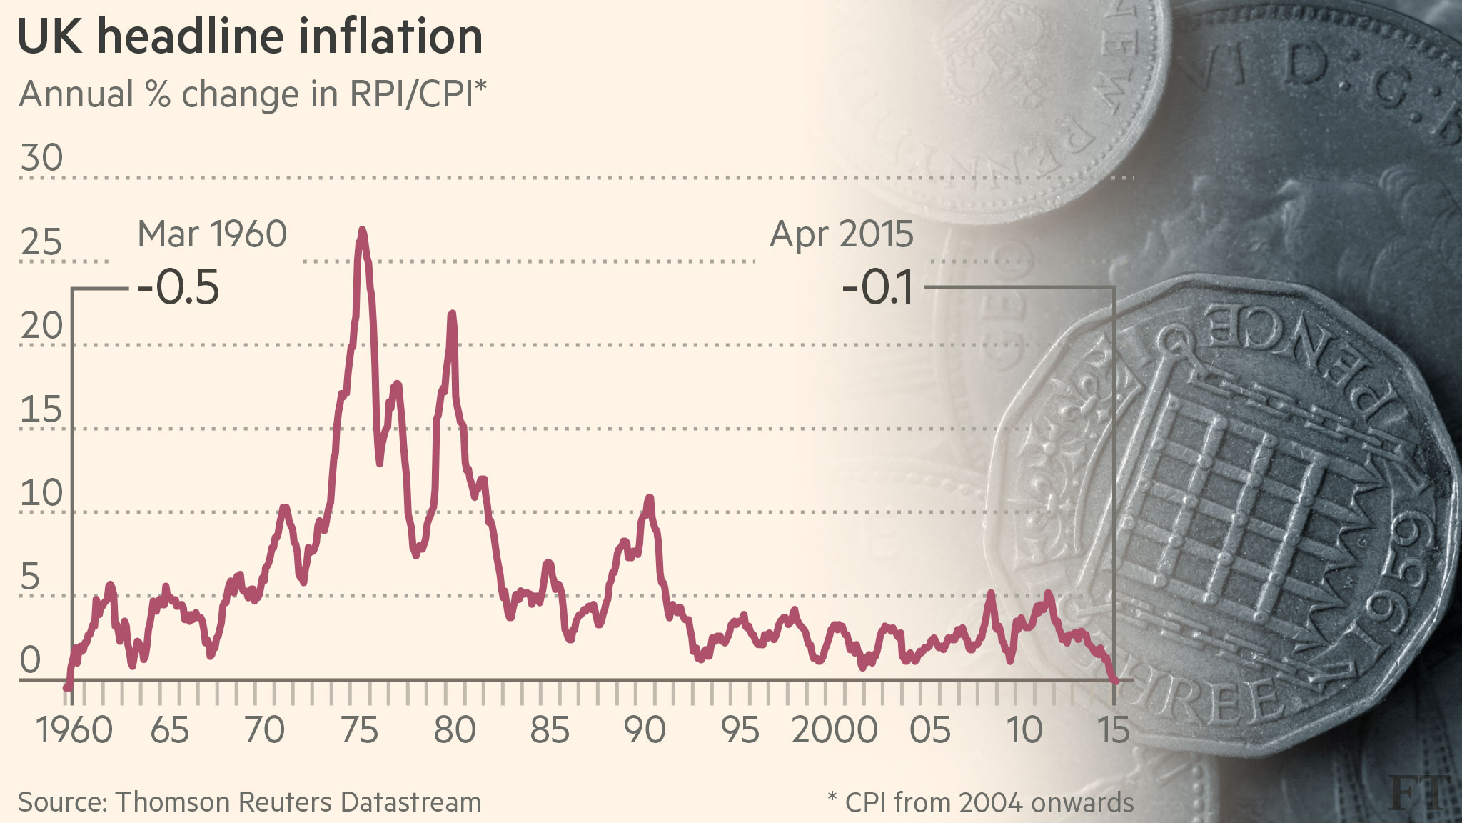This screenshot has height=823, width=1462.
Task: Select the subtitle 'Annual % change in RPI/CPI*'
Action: [x=253, y=94]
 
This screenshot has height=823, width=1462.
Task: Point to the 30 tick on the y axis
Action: [x=41, y=158]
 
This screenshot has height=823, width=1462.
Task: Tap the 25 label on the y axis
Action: [x=41, y=243]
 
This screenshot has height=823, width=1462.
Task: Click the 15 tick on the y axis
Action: [x=41, y=410]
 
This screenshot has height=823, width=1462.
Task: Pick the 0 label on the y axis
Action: [x=30, y=660]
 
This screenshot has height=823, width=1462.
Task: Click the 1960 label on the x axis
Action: [x=74, y=730]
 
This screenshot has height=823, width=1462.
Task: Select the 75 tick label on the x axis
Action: [x=359, y=730]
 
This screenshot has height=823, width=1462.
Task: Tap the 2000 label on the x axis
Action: [x=834, y=730]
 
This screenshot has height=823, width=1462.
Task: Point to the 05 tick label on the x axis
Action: [x=929, y=730]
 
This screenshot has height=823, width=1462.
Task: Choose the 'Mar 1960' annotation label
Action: [x=212, y=234]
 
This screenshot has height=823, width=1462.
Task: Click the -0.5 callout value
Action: [x=178, y=288]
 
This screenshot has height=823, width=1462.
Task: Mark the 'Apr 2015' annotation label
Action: [x=842, y=234]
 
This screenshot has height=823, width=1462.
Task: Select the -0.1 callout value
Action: [x=878, y=288]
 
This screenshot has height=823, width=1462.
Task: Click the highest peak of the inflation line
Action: [x=363, y=231]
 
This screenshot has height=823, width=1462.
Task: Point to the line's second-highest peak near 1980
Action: [x=452, y=314]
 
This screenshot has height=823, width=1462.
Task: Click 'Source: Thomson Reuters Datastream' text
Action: [x=249, y=802]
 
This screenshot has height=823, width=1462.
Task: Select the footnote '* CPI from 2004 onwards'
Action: [x=980, y=803]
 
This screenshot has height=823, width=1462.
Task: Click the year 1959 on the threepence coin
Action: [x=1399, y=564]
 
